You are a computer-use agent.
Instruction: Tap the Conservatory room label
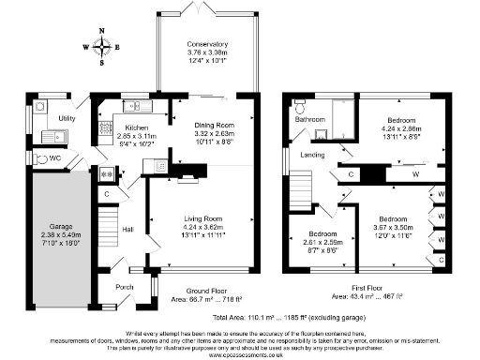pyautogui.click(x=206, y=45)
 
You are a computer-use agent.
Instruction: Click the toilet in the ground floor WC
pyautogui.click(x=38, y=159)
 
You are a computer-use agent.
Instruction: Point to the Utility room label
pyautogui.click(x=67, y=119)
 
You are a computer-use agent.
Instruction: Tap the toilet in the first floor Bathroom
pyautogui.click(x=300, y=103)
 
